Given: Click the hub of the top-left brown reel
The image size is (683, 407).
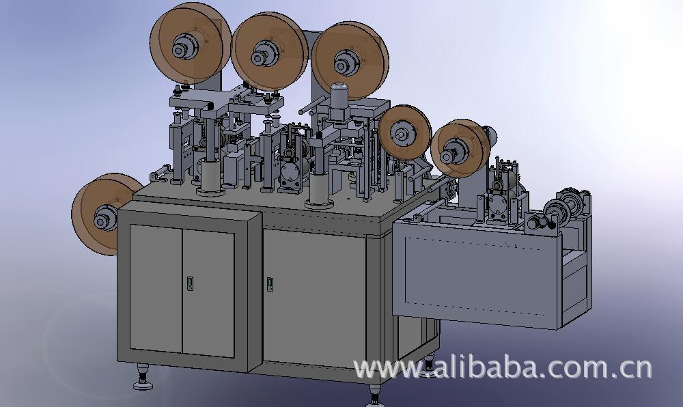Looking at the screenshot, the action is pyautogui.click(x=180, y=50).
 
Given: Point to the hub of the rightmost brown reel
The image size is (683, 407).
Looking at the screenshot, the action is pyautogui.click(x=449, y=156).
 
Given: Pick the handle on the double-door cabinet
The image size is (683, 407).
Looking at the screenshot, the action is pyautogui.click(x=190, y=283).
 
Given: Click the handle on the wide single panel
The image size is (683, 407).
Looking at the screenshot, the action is pyautogui.click(x=270, y=284).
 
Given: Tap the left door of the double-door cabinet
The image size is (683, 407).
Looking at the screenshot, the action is pyautogui.click(x=156, y=288).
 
